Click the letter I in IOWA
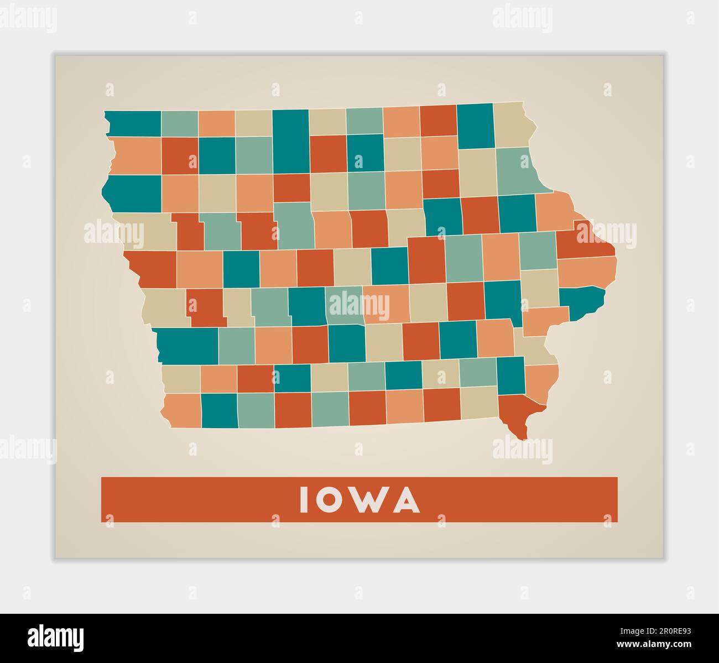pos(303,500)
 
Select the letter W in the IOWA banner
pos(368,500)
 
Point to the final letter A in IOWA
pos(408,500)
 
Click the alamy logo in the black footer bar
pos(56,636)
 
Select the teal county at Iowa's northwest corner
pos(133,123)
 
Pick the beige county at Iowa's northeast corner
pos(513,125)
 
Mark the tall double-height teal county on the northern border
pos(290,141)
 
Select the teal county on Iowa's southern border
pos(220,410)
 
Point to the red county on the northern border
pos(438,119)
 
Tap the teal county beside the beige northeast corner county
pos(475,126)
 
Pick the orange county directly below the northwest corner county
pos(137,155)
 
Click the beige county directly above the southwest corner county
pos(181,379)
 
